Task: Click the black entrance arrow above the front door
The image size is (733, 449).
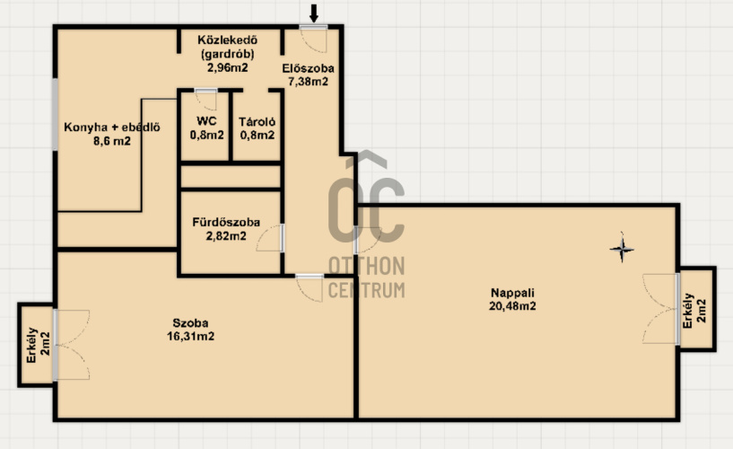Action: tap(314, 13)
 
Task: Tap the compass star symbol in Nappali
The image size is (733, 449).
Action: tap(622, 249)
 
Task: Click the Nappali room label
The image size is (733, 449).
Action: tap(512, 293)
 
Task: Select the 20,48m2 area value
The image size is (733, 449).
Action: tap(512, 306)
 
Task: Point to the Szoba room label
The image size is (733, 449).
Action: tap(190, 322)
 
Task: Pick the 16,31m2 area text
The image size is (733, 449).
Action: tap(190, 336)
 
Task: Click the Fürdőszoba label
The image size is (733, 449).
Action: tap(226, 222)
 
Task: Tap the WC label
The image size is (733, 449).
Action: tap(206, 121)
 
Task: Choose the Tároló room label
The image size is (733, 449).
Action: tap(257, 121)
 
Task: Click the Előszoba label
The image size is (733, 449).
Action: tap(308, 68)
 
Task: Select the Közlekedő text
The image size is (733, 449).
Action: tap(227, 40)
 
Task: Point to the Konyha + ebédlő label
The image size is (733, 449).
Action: tap(112, 128)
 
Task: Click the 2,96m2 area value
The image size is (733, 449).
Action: tap(227, 67)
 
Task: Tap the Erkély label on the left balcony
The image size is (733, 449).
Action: tap(31, 345)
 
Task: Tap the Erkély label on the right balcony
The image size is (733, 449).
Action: tap(687, 311)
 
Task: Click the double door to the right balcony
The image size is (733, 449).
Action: tap(660, 309)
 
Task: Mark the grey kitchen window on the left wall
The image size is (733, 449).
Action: tap(55, 115)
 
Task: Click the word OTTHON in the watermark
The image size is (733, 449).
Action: tap(366, 266)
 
